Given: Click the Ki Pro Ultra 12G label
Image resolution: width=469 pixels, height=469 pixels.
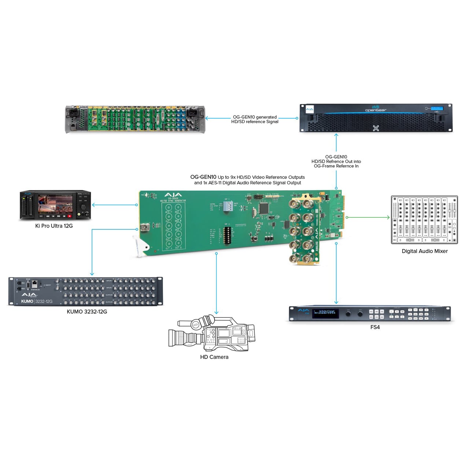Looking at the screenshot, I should (54, 226).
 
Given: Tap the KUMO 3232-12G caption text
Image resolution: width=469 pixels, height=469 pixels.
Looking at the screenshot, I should (87, 312).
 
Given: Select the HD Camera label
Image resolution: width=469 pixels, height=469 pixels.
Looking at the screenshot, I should (214, 357).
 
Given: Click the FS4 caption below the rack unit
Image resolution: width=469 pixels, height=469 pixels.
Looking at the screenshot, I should (375, 327).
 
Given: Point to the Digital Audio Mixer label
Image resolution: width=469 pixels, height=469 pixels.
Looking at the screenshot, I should (425, 251).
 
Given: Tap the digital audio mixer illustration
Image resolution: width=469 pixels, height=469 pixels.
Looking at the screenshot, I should (424, 220).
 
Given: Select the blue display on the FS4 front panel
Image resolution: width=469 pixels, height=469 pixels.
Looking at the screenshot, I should (325, 313).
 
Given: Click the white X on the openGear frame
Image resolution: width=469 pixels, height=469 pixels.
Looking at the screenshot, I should (376, 128).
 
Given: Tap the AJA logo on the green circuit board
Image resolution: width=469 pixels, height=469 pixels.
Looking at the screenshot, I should (173, 195).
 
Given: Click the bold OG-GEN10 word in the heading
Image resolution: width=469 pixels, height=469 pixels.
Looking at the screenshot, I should (203, 177).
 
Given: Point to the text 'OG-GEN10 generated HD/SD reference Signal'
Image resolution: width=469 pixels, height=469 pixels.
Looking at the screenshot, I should (255, 119).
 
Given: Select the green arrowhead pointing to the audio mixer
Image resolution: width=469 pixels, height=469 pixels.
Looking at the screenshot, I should (388, 217).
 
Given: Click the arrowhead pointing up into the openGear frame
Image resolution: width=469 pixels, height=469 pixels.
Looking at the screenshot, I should (336, 135).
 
